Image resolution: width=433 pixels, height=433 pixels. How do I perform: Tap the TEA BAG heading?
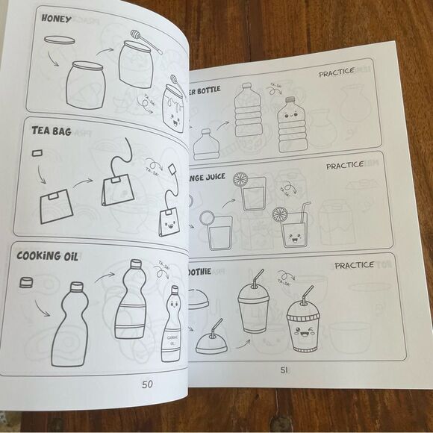tap(52, 131)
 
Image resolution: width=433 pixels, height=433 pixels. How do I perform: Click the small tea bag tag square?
tap(36, 153)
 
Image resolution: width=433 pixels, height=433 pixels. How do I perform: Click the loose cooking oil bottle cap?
tap(27, 281)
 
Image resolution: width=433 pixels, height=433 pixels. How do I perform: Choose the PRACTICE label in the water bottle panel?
tap(336, 74)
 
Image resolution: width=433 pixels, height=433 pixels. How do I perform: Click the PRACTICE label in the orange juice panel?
tap(344, 166)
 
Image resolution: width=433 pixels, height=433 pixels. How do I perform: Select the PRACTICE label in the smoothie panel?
tap(354, 265)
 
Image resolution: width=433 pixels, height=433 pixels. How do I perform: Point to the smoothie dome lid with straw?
tap(211, 340)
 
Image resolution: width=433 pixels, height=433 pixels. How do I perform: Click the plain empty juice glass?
tap(219, 233)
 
